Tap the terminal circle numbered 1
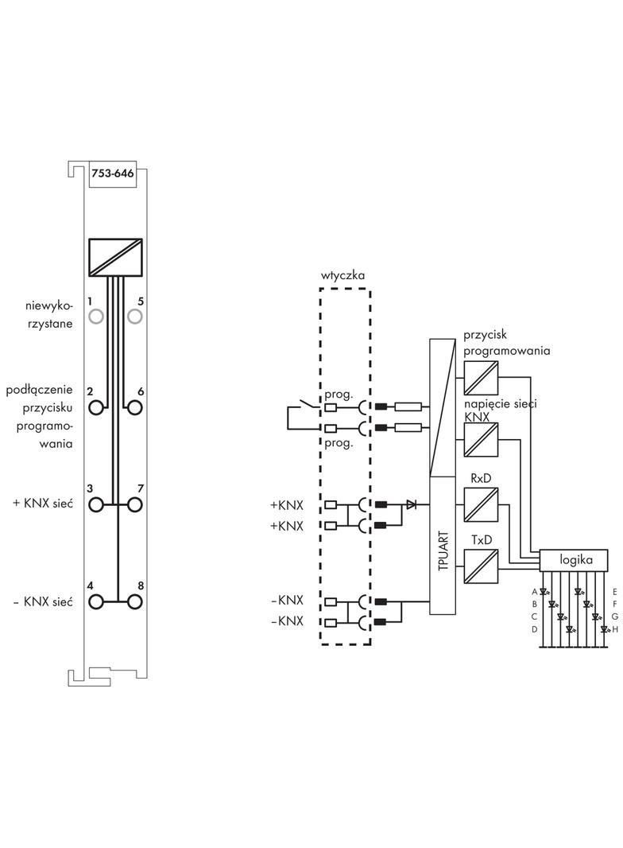(x=97, y=317)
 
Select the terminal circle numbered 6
(x=134, y=407)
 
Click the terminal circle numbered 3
(x=97, y=504)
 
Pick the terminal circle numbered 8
(x=134, y=601)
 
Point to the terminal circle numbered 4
(x=97, y=601)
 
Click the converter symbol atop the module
(x=116, y=256)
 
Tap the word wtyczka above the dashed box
(x=343, y=275)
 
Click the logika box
(x=575, y=559)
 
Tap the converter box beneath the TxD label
(x=480, y=565)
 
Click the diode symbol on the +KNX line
(x=411, y=504)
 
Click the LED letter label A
(x=535, y=592)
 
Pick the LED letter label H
(x=614, y=628)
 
